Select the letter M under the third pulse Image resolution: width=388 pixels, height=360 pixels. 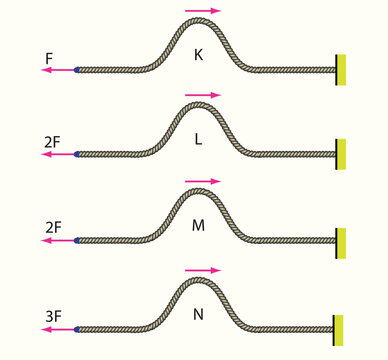(199, 225)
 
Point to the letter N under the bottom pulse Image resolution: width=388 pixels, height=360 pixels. (199, 312)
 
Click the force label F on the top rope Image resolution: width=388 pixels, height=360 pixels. (49, 59)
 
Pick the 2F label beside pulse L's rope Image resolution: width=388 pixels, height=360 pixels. (53, 143)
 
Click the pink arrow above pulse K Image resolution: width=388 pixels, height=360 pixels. (204, 11)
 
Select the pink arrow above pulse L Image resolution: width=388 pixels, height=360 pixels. (204, 95)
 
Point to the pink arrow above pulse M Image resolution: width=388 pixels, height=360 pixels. (204, 182)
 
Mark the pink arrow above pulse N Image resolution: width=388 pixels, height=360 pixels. (204, 269)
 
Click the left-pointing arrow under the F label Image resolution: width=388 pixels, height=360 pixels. (58, 70)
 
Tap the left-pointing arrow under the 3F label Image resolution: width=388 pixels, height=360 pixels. (58, 328)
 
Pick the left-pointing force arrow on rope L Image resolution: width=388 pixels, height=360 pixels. (58, 155)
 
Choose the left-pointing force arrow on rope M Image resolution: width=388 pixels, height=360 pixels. (58, 241)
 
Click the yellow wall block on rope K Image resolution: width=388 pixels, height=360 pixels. (341, 69)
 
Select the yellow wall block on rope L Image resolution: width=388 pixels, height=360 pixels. (341, 154)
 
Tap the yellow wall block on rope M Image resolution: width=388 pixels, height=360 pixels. (341, 242)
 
